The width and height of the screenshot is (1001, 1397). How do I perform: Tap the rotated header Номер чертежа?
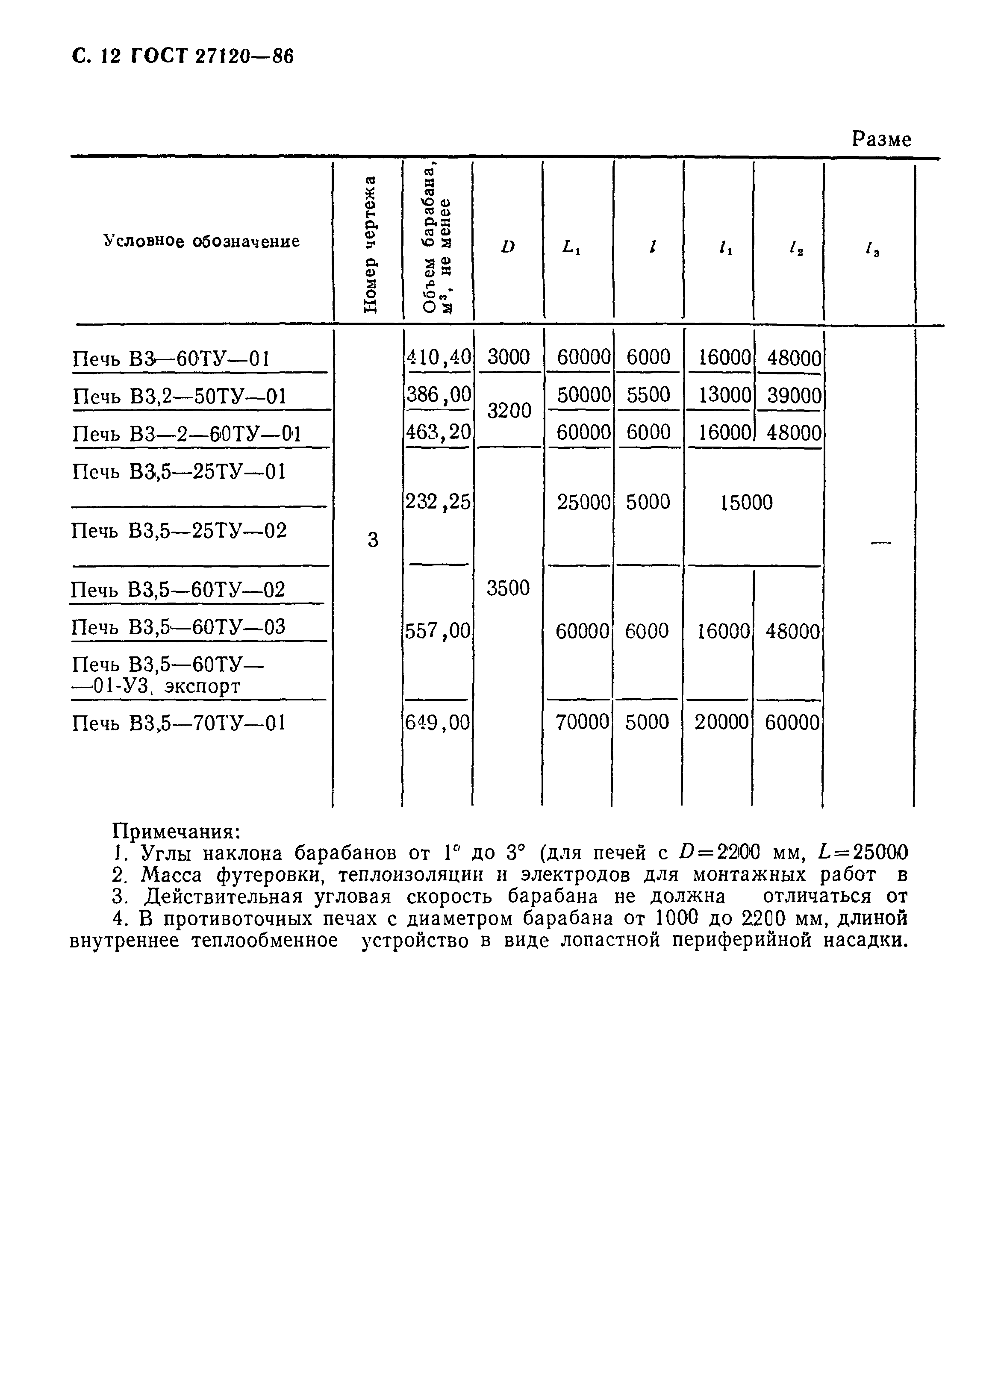pos(368,244)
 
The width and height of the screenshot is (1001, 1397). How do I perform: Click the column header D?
pos(508,247)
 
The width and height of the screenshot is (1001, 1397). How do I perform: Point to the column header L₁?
pos(571,247)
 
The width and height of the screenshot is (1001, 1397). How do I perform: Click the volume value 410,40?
pos(438,357)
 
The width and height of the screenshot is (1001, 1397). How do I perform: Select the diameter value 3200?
pos(508,410)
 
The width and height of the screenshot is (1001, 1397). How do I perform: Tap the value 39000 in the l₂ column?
pos(793,395)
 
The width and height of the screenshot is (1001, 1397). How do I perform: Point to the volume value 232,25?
pos(438,503)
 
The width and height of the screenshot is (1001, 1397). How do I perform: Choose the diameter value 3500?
pos(508,588)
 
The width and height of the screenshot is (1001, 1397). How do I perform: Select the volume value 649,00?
pos(438,722)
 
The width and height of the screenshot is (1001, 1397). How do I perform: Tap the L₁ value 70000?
pos(582,722)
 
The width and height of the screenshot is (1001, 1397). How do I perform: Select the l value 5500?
pos(648,395)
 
